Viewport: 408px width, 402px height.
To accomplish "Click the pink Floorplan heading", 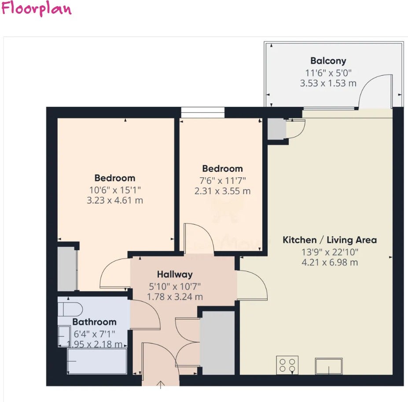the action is [36, 9].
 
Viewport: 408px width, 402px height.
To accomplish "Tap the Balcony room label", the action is [328, 61].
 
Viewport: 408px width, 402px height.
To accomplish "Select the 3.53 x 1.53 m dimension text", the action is [328, 83].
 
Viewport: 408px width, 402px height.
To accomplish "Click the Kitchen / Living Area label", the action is [330, 240].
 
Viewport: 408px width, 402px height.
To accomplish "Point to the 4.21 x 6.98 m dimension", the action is [330, 263].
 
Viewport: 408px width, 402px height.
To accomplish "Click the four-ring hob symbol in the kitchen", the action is [287, 365].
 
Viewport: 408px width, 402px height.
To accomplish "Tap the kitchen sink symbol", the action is [329, 366].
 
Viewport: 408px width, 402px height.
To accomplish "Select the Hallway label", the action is [175, 274].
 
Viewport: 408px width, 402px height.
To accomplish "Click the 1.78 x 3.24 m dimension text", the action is [175, 297].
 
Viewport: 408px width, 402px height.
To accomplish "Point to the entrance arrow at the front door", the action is [161, 384].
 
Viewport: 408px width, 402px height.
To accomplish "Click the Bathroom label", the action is [95, 322].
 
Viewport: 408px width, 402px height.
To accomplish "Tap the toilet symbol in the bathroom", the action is [70, 310].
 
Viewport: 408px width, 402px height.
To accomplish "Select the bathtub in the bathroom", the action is [97, 361].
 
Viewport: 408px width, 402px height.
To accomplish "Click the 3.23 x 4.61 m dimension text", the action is [115, 201].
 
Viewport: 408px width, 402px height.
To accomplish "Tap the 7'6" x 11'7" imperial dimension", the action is [222, 180].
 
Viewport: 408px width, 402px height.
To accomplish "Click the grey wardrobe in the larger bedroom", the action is [67, 269].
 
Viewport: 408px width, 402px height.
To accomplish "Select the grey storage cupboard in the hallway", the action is [218, 343].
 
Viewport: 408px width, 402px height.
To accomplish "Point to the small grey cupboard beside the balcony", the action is [277, 129].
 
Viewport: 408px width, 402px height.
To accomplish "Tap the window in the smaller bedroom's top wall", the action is [203, 112].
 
